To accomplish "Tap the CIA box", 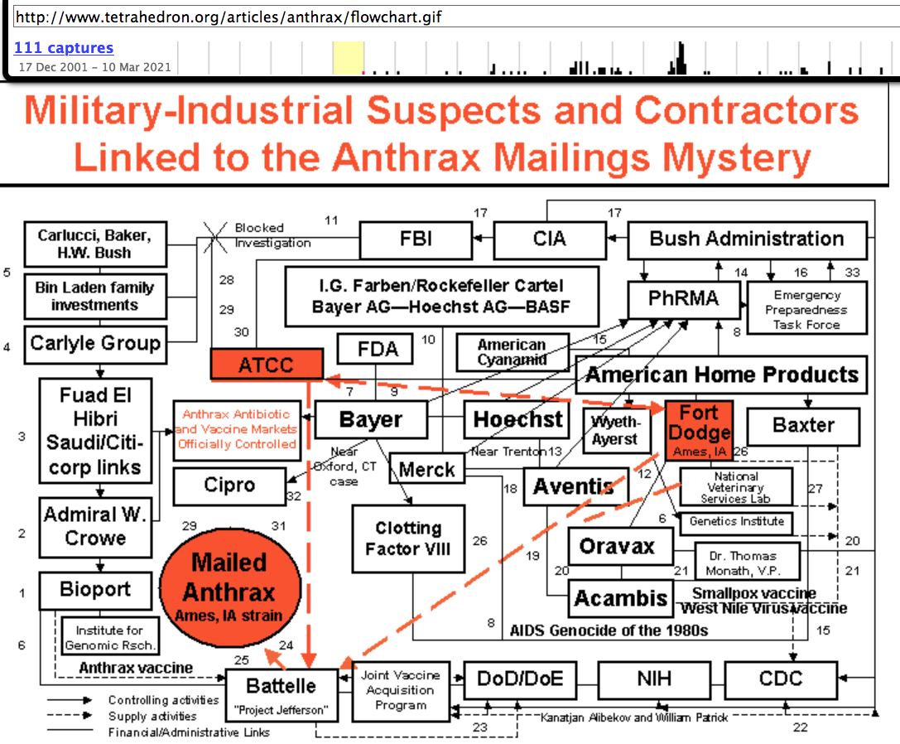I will coord(550,240).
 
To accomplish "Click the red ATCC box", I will coord(266,365).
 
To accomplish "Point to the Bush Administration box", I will coord(746,240).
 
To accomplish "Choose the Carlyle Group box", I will coord(95,342).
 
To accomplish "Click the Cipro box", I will coord(229,486).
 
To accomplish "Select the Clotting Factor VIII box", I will coord(408,538).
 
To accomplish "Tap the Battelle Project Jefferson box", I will coord(282,692).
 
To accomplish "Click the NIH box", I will coord(653,680).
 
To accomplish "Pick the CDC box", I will coord(780,680).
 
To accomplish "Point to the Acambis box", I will coord(621,598).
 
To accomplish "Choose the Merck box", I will coord(427,470).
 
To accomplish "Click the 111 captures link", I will coord(64,48).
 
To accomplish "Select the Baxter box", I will coord(803,426).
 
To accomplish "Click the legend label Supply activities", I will coord(152,716).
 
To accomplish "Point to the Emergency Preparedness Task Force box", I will coord(806,309).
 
